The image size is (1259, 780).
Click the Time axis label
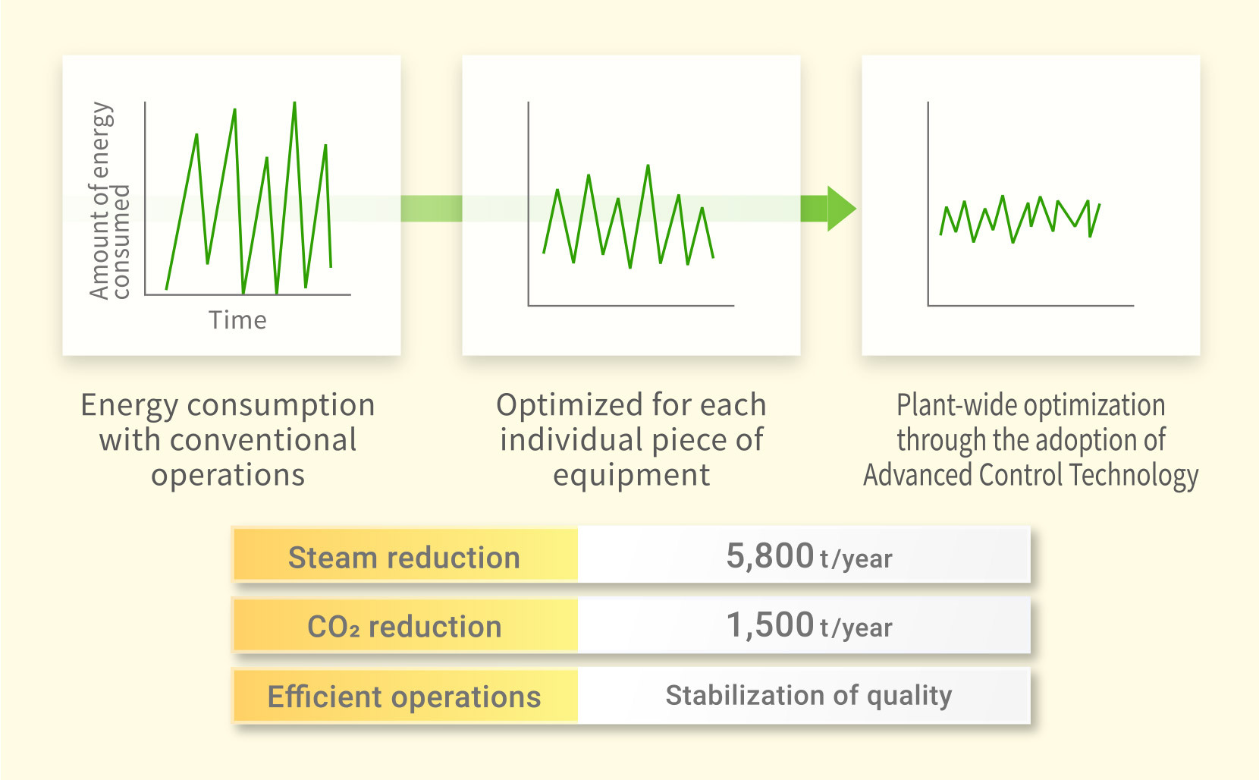pyautogui.click(x=237, y=320)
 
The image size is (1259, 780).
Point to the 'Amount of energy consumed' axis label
pyautogui.click(x=109, y=201)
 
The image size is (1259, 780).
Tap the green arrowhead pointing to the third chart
pyautogui.click(x=841, y=209)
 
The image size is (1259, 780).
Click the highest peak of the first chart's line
pyautogui.click(x=294, y=103)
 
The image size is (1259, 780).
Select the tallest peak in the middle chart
pyautogui.click(x=648, y=166)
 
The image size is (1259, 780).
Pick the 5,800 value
pyautogui.click(x=770, y=555)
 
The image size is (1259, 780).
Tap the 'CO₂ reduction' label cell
pyautogui.click(x=405, y=625)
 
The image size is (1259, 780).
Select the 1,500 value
pyautogui.click(x=770, y=624)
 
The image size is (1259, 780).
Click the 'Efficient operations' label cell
pyautogui.click(x=405, y=696)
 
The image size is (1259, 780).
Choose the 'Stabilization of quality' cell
pyautogui.click(x=804, y=696)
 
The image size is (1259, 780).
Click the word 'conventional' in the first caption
pyautogui.click(x=263, y=439)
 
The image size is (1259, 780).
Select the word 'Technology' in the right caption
pyautogui.click(x=1134, y=476)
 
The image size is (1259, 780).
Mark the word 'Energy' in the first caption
pyautogui.click(x=129, y=406)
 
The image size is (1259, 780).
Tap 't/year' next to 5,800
pyautogui.click(x=856, y=558)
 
